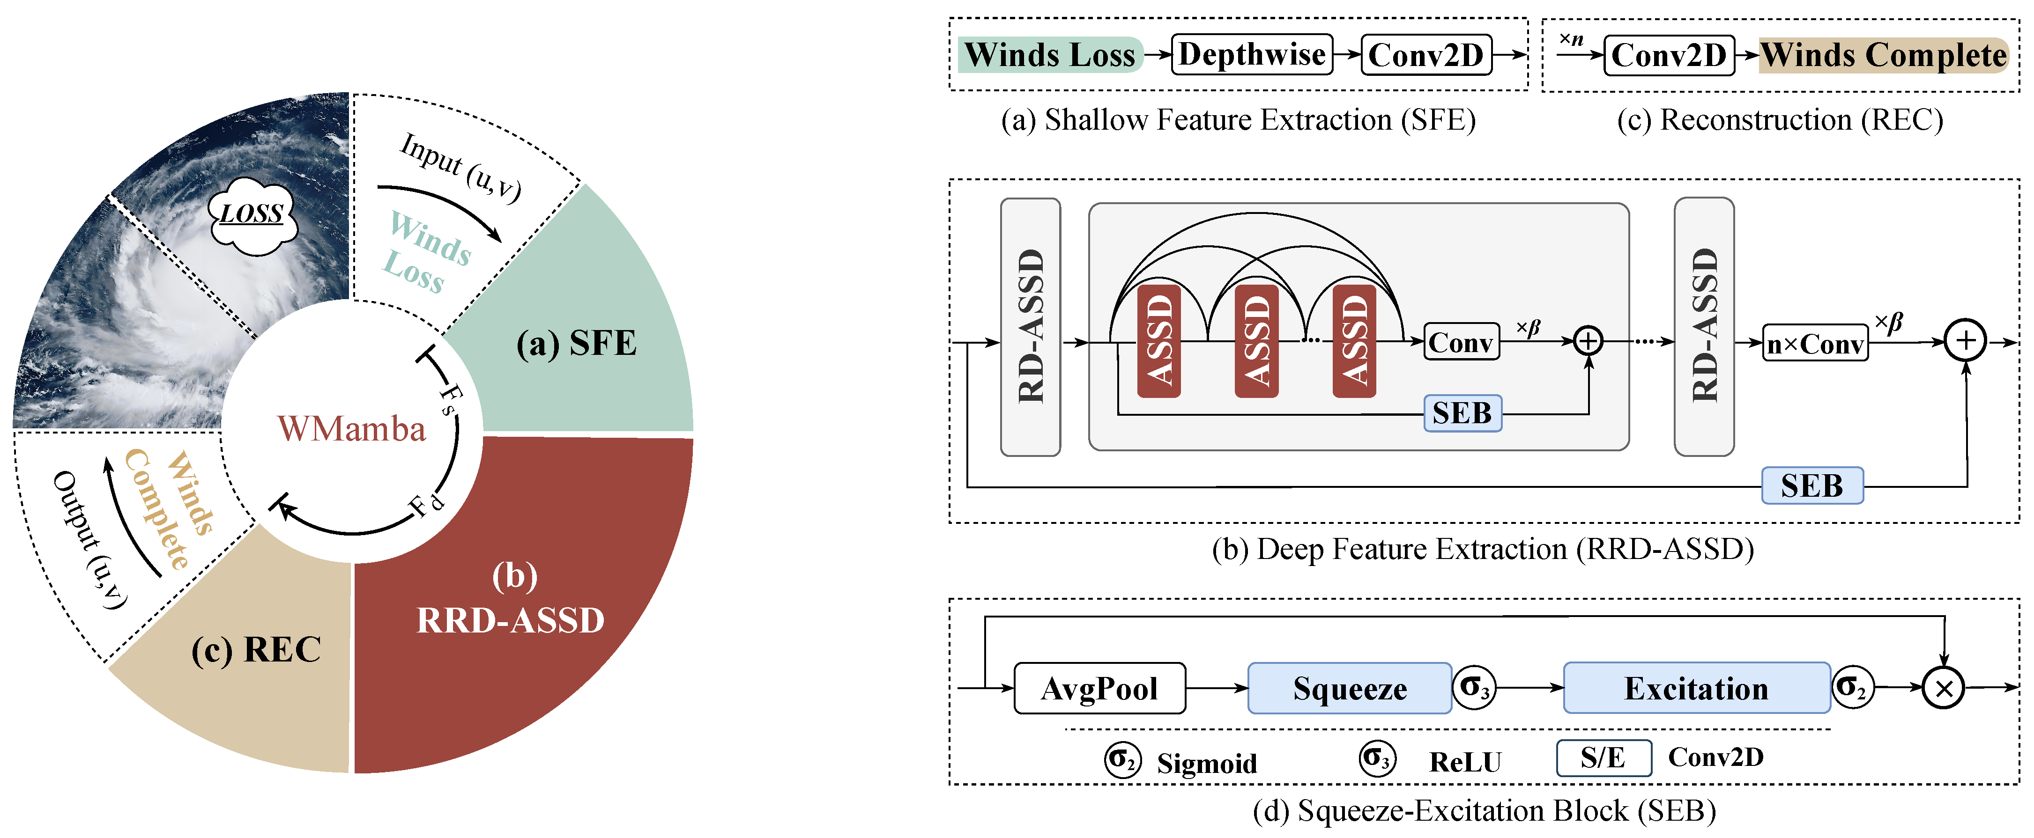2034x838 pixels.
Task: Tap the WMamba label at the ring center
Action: click(351, 428)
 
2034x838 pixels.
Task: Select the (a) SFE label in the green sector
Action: click(576, 343)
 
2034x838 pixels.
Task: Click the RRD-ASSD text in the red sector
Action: click(510, 620)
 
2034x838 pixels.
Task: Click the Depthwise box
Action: click(1252, 54)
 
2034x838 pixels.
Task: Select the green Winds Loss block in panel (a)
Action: click(1049, 54)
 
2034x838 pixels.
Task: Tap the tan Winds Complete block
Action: click(1883, 54)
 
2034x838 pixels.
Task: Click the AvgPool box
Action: click(1099, 689)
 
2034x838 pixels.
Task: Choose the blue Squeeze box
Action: click(1350, 689)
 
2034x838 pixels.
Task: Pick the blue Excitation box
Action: click(1696, 689)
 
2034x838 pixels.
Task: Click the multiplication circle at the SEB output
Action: click(1943, 688)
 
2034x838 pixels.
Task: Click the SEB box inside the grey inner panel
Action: click(1462, 413)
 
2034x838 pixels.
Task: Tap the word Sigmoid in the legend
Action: click(1207, 763)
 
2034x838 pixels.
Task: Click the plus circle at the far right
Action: click(1965, 341)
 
